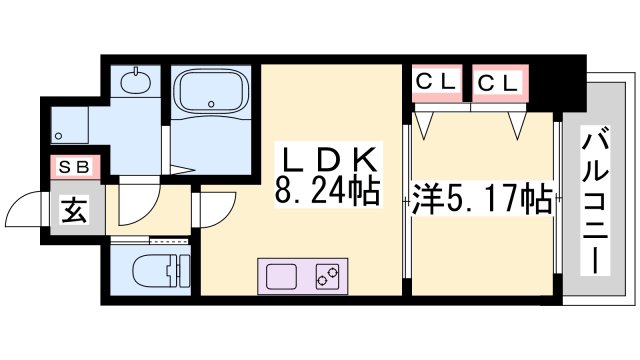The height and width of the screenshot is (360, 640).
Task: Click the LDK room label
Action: pos(327,158)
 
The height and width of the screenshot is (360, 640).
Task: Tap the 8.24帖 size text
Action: pos(327,190)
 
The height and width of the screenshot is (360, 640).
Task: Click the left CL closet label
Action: pos(435,83)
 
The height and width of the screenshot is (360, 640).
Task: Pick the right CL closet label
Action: pos(496,83)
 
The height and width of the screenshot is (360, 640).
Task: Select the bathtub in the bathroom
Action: pos(214,96)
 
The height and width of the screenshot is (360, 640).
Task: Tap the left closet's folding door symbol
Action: pos(427,124)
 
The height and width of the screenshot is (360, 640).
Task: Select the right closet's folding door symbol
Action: pos(518,125)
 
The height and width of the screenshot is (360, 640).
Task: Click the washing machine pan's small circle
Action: pos(58,134)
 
